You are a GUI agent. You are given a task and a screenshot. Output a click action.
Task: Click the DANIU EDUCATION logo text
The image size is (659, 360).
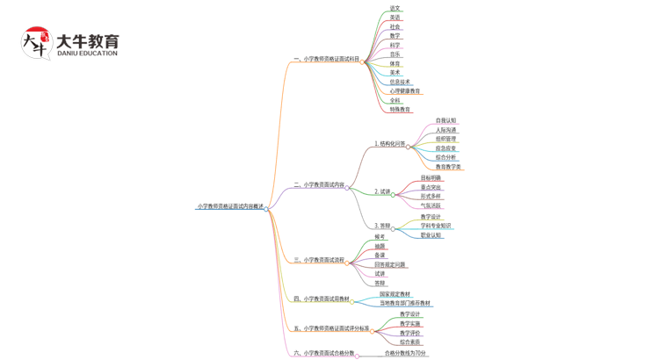tap(86, 54)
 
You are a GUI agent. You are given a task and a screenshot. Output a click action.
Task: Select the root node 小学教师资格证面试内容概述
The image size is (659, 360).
tap(230, 206)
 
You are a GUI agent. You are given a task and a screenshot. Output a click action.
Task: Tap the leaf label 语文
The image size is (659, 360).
tap(395, 8)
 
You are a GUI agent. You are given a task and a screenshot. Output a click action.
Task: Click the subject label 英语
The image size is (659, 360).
tap(395, 18)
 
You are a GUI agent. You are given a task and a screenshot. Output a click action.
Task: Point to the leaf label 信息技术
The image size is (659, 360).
tap(400, 82)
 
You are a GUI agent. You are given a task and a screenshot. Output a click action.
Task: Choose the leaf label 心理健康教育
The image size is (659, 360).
tap(405, 90)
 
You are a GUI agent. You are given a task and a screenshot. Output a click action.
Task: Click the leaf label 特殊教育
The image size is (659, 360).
tap(400, 110)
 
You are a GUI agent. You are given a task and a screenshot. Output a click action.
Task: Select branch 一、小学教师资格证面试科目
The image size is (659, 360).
tap(326, 59)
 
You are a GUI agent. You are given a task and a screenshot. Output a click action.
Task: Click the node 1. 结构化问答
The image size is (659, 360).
tap(389, 143)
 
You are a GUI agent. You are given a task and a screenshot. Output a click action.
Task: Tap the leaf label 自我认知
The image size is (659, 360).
tap(445, 120)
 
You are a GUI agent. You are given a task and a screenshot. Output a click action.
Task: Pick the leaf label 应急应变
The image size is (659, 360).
tap(445, 148)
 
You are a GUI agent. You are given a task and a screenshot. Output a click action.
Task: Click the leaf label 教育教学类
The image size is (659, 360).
tap(448, 167)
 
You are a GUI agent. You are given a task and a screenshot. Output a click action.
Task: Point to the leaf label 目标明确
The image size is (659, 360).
tap(431, 177)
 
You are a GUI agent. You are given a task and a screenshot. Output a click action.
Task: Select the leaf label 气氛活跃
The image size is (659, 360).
tap(431, 205)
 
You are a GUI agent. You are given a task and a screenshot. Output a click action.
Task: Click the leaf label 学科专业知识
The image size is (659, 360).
tap(436, 226)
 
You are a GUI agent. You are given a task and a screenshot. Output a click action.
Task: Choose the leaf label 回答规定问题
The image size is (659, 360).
tap(390, 264)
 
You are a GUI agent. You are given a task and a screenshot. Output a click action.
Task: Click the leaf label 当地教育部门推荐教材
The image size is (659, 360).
tap(405, 304)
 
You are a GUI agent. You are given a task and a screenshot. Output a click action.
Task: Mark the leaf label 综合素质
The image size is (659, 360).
tap(409, 342)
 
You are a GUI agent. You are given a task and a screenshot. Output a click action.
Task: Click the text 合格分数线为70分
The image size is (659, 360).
tap(405, 353)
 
